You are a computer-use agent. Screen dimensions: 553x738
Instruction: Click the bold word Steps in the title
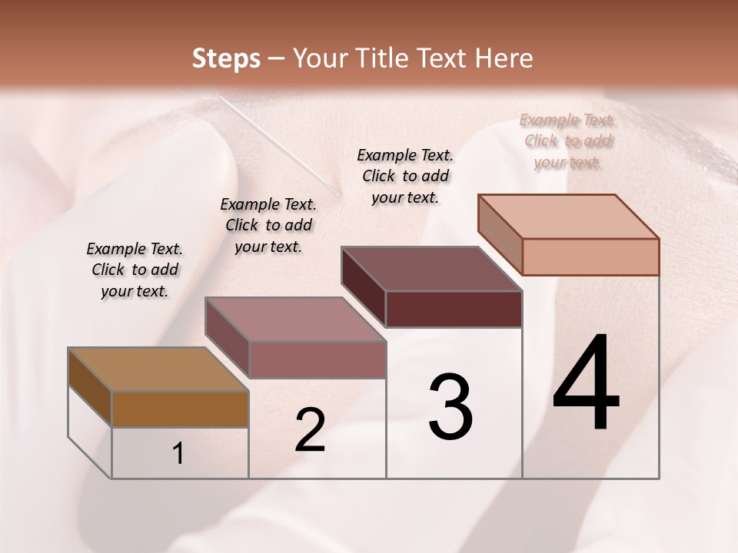(226, 59)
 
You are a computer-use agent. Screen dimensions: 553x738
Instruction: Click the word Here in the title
(503, 59)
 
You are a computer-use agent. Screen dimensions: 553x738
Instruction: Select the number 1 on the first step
(178, 454)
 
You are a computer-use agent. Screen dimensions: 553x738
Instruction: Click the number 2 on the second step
(310, 430)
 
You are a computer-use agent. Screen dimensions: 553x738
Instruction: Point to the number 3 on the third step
(450, 407)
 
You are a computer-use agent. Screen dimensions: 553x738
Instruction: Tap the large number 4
(586, 384)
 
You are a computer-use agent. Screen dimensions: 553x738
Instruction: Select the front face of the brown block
(180, 409)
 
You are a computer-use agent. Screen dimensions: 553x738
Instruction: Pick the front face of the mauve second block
(317, 359)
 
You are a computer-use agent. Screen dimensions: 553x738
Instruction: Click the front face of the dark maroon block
(454, 309)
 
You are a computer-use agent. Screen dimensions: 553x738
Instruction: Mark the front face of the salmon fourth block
(590, 257)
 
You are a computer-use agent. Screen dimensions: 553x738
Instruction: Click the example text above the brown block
(135, 270)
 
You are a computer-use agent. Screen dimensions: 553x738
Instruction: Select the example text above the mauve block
(268, 225)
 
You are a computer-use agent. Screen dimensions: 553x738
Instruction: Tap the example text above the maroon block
(405, 176)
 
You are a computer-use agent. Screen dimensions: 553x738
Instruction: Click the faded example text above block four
(568, 141)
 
